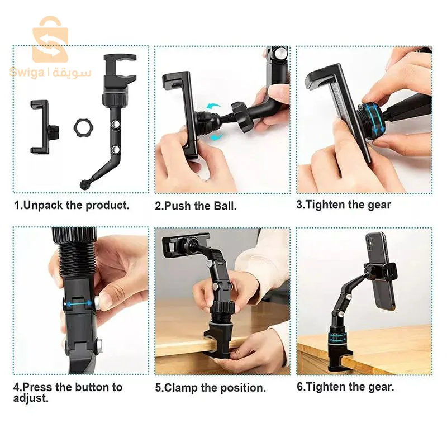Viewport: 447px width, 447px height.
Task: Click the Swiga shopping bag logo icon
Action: coord(50,39)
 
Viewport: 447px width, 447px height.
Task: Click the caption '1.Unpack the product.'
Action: coord(72,205)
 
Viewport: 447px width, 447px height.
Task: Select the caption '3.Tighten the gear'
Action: coord(344,205)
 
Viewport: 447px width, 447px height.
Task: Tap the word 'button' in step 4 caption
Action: coord(84,387)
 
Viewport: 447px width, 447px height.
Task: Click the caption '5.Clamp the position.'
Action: coord(211,387)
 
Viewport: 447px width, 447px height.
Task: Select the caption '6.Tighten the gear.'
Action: coord(345,387)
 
